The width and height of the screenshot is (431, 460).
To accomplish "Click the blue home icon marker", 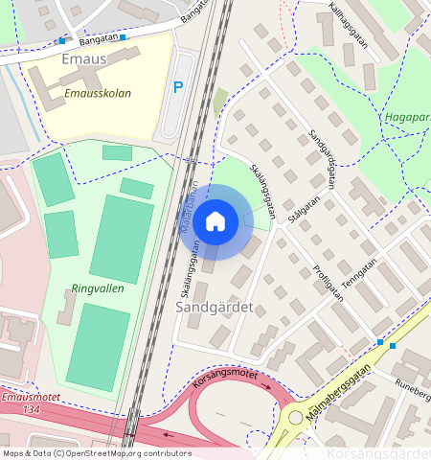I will (215, 222).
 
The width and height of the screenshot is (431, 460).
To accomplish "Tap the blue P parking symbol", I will (177, 87).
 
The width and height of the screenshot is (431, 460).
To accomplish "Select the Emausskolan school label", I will (98, 94).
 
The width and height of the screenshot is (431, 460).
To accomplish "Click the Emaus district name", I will (82, 59).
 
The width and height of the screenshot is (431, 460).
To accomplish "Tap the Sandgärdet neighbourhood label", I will (215, 308).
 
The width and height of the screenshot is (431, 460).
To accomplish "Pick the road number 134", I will (33, 409).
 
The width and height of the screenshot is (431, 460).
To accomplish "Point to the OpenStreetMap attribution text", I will (96, 453).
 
